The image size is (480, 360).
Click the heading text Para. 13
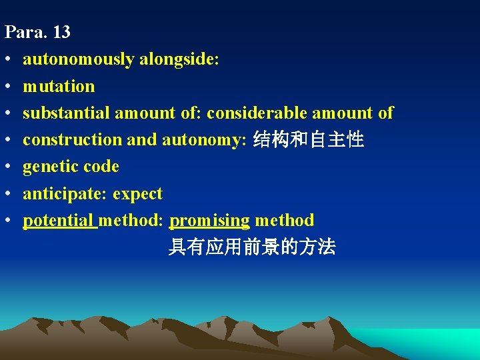click(37, 32)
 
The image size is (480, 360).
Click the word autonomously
click(79, 59)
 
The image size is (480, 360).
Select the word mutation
click(59, 86)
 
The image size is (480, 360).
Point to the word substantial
click(67, 113)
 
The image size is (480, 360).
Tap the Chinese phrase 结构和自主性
click(309, 140)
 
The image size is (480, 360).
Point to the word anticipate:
click(65, 194)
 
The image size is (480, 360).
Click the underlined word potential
click(59, 220)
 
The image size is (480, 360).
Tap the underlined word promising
click(210, 220)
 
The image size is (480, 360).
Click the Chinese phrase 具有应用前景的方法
click(251, 248)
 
